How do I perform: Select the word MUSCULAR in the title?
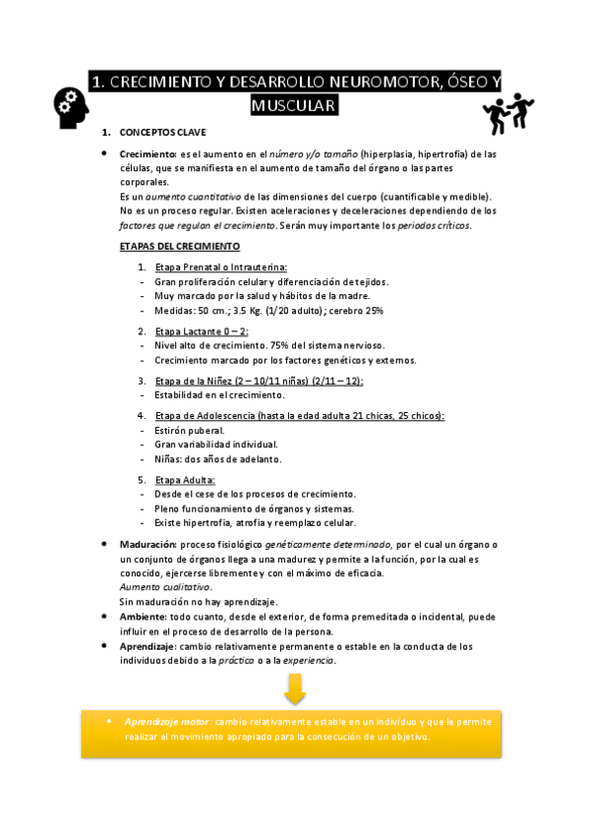(x=294, y=105)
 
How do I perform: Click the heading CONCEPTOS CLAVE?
(x=162, y=132)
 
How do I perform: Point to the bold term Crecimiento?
(x=147, y=154)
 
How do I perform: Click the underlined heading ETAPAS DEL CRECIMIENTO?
(x=179, y=246)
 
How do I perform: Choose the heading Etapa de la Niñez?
(x=192, y=381)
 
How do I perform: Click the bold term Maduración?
(x=147, y=544)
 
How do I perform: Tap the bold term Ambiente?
(x=144, y=617)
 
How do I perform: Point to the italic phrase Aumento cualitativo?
(x=165, y=587)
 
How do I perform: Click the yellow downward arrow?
(x=294, y=689)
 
